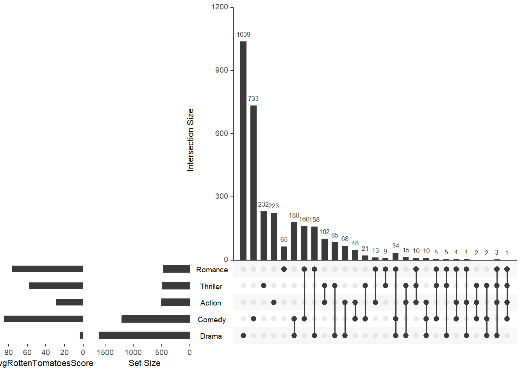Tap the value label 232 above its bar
[263, 204]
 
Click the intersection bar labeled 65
[284, 253]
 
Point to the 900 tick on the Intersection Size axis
[221, 70]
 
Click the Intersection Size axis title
[191, 140]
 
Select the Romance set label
[212, 270]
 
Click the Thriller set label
[211, 287]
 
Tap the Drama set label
[211, 336]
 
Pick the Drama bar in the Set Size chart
[145, 336]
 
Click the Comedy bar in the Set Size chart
[156, 319]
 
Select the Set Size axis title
[145, 363]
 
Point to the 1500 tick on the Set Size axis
[105, 353]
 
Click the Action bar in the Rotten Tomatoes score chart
[70, 302]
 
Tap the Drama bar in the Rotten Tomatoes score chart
[81, 336]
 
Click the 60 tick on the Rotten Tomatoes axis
[27, 353]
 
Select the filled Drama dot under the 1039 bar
[243, 336]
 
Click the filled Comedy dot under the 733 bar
[254, 319]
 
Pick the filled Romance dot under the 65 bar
[284, 269]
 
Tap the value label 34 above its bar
[396, 246]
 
